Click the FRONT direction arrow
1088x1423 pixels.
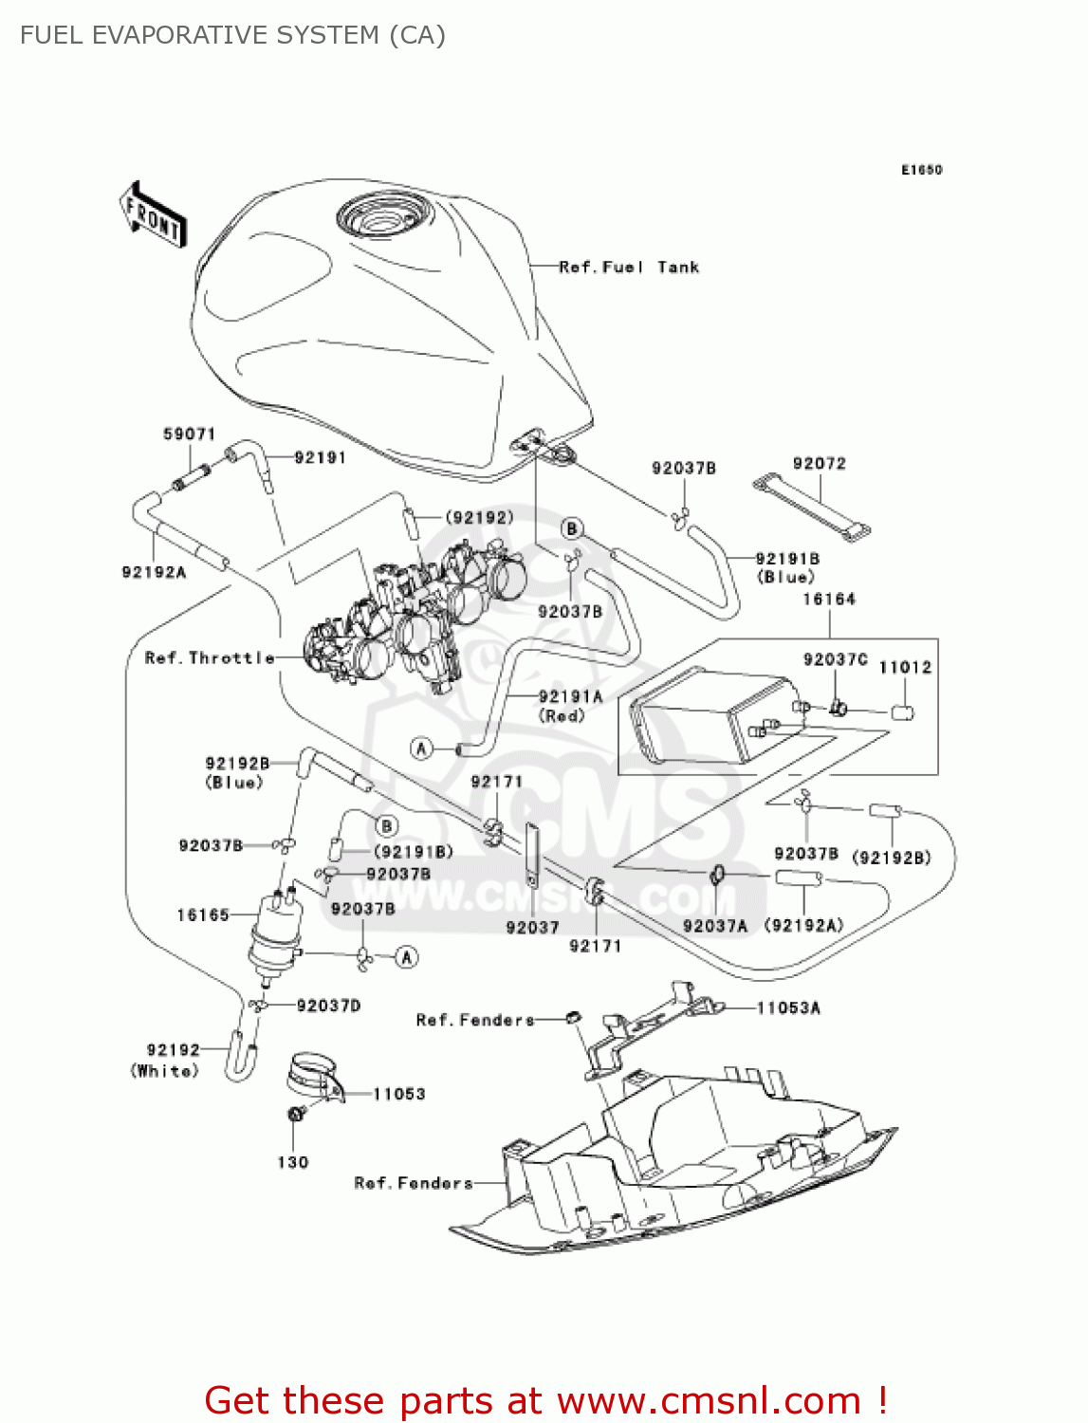tap(153, 215)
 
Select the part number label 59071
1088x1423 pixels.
tap(190, 434)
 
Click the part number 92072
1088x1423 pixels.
tap(819, 464)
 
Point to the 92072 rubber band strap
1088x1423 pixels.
tap(812, 508)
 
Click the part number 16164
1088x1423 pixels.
tap(828, 600)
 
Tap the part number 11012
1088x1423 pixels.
tap(905, 668)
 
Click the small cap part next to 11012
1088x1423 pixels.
tap(902, 711)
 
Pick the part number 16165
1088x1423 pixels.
tap(203, 915)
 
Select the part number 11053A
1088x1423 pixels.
tap(788, 1008)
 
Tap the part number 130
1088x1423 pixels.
tap(293, 1162)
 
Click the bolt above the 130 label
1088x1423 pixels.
tap(294, 1113)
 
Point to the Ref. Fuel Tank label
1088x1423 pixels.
tap(629, 268)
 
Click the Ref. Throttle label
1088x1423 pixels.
tap(210, 657)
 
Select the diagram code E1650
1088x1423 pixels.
tap(921, 170)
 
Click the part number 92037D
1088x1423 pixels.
tap(328, 1006)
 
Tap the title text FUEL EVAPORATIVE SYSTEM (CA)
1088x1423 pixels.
tap(232, 35)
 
